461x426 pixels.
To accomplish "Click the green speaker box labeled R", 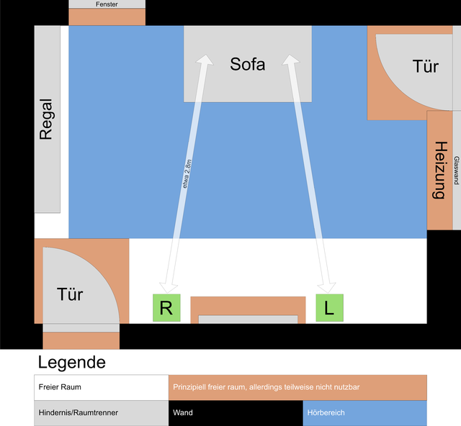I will pyautogui.click(x=166, y=308).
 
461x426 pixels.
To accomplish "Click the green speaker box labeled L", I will pyautogui.click(x=329, y=308).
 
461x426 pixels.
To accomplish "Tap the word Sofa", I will pyautogui.click(x=248, y=64).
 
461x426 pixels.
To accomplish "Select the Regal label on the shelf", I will pyautogui.click(x=47, y=119).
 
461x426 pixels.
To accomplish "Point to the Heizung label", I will pyautogui.click(x=439, y=170).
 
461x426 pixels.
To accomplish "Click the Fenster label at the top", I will pyautogui.click(x=107, y=4).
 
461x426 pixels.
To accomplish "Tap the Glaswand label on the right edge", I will pyautogui.click(x=457, y=171).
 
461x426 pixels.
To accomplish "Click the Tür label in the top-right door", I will pyautogui.click(x=426, y=67).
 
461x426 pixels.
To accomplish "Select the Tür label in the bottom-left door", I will pyautogui.click(x=70, y=294).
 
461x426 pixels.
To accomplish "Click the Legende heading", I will pyautogui.click(x=71, y=362).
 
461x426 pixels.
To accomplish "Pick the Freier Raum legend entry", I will pyautogui.click(x=101, y=387).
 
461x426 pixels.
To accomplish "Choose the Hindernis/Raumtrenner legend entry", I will pyautogui.click(x=101, y=413).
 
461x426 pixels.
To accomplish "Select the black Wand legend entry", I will pyautogui.click(x=236, y=413).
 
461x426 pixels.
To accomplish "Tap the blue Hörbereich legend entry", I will pyautogui.click(x=364, y=413).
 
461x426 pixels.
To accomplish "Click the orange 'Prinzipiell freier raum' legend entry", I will pyautogui.click(x=297, y=387).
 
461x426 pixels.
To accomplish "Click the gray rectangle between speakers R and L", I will pyautogui.click(x=248, y=319).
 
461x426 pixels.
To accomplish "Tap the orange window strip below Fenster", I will pyautogui.click(x=107, y=17).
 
